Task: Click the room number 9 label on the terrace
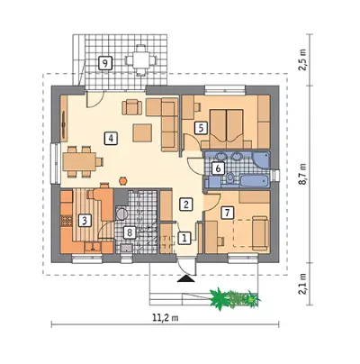[x=105, y=63]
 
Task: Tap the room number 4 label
[x=111, y=139]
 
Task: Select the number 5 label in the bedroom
[x=201, y=128]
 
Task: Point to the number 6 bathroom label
[x=218, y=168]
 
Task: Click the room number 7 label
[x=227, y=213]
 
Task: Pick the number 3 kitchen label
[x=85, y=222]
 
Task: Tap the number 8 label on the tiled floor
[x=130, y=232]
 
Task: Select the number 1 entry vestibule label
[x=184, y=239]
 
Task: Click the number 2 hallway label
[x=186, y=205]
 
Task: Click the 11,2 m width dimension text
[x=166, y=318]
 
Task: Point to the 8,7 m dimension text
[x=304, y=174]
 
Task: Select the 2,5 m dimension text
[x=303, y=59]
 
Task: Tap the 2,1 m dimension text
[x=303, y=284]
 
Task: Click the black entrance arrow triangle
[x=186, y=279]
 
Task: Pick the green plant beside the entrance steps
[x=235, y=298]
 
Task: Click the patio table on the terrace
[x=140, y=60]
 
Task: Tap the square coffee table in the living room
[x=143, y=133]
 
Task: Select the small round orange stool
[x=122, y=180]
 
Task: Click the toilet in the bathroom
[x=230, y=178]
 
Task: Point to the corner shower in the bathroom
[x=262, y=161]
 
